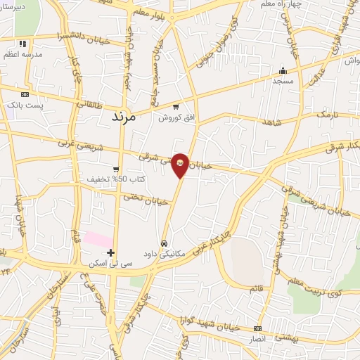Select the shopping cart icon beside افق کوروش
(176, 108)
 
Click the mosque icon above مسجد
(283, 70)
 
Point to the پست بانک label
(25, 105)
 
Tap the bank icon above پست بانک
(25, 94)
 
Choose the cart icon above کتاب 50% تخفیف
(115, 169)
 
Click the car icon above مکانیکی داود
(164, 243)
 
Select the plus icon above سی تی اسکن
(110, 252)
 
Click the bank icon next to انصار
(258, 328)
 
